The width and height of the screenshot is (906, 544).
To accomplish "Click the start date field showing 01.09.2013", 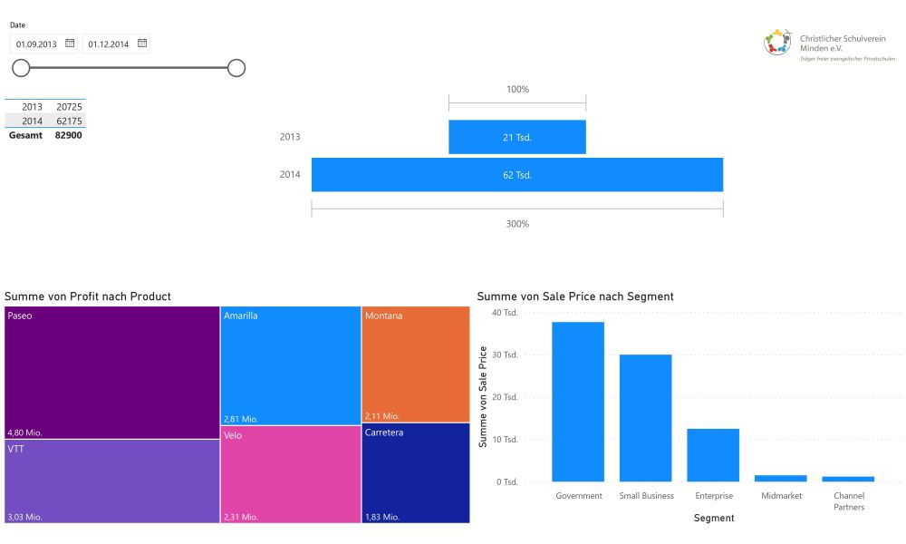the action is [x=43, y=44].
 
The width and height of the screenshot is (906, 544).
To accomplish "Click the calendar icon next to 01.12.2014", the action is [x=142, y=44].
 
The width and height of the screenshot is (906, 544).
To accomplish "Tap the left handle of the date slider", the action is [x=21, y=68].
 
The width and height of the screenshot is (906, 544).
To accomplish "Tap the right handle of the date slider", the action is [x=236, y=68].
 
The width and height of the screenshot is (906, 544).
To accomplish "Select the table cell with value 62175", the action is [x=70, y=121].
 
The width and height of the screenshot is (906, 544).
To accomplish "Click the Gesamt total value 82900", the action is [x=68, y=135].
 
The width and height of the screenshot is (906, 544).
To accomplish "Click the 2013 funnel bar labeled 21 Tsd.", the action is [x=517, y=137].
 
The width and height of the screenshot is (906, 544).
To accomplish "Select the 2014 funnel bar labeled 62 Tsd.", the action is [x=517, y=175].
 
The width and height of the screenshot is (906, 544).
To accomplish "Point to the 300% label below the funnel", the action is [x=517, y=224].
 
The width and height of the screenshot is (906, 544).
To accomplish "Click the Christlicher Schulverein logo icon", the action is [x=777, y=43].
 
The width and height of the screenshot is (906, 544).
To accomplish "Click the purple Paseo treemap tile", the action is [x=112, y=373].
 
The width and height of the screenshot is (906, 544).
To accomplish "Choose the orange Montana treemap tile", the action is [x=416, y=364].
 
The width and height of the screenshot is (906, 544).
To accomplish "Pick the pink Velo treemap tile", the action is [x=291, y=474].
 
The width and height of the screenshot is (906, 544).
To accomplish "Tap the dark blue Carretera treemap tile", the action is [x=416, y=473].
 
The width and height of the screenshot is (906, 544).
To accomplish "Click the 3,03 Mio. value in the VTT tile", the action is [x=24, y=517].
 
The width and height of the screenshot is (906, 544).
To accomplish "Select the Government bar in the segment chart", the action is [x=578, y=402].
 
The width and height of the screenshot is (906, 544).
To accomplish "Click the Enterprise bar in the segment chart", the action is [x=713, y=455].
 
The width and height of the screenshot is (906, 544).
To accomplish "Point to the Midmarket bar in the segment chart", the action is [x=781, y=478].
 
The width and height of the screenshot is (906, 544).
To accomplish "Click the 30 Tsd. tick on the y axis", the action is [x=505, y=355].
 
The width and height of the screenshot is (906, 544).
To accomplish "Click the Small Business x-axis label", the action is [x=647, y=495].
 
